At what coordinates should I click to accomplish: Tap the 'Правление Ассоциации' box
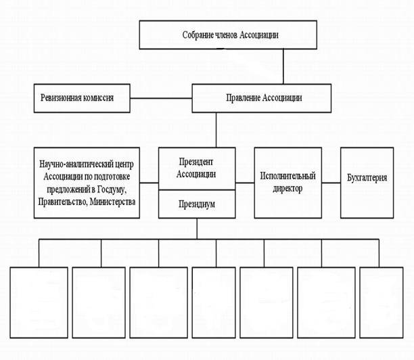pyautogui.click(x=262, y=97)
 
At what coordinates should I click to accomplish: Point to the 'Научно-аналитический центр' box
pyautogui.click(x=87, y=183)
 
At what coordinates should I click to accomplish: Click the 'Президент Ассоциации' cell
pyautogui.click(x=196, y=168)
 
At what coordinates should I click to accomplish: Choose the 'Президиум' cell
pyautogui.click(x=196, y=204)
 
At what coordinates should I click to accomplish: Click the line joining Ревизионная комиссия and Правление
pyautogui.click(x=161, y=97)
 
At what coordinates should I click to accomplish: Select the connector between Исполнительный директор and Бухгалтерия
pyautogui.click(x=331, y=182)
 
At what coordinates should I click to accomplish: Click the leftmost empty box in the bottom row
pyautogui.click(x=39, y=302)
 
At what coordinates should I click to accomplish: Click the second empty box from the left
pyautogui.click(x=99, y=302)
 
